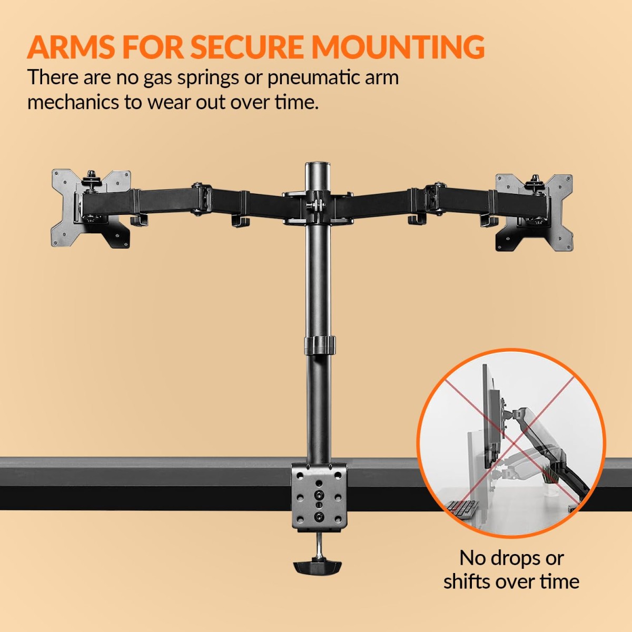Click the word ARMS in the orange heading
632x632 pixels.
[72, 47]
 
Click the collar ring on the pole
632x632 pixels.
[319, 344]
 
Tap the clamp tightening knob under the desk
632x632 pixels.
[317, 567]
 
